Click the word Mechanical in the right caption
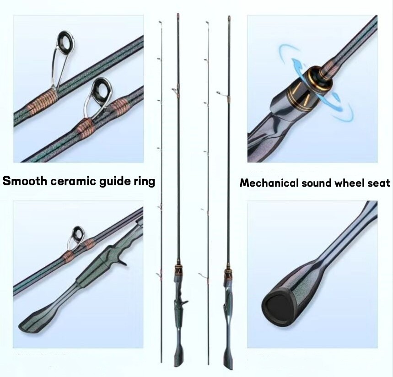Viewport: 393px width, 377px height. (x=269, y=183)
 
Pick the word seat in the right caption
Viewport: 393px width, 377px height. (x=378, y=183)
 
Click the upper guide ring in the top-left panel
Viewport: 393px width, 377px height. (x=66, y=39)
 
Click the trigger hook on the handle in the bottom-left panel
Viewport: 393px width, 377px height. (x=123, y=262)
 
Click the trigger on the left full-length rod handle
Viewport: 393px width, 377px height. (x=185, y=302)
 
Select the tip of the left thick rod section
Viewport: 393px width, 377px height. (x=178, y=14)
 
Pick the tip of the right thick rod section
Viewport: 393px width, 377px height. (x=229, y=16)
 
